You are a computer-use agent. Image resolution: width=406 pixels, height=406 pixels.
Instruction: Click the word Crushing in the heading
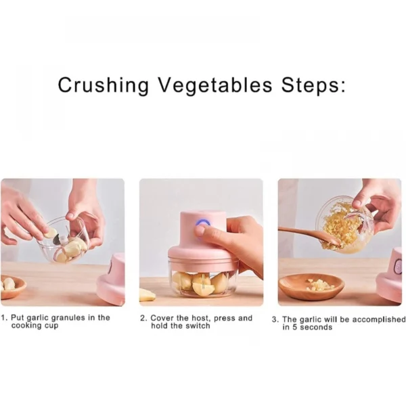[104, 85]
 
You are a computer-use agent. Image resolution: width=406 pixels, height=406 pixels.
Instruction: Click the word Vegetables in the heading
[215, 85]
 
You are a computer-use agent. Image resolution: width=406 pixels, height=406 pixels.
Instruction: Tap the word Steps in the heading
[311, 85]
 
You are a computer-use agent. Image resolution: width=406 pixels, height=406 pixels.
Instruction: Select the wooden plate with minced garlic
[311, 287]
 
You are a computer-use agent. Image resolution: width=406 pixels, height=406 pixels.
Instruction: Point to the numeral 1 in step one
[3, 317]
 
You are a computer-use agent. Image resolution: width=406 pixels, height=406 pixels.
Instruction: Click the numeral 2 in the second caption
[143, 318]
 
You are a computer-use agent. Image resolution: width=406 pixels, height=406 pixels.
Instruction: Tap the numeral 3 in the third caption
[274, 319]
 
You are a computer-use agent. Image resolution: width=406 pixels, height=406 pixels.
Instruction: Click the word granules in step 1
[68, 318]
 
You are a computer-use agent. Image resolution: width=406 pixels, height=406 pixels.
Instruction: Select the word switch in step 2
[198, 325]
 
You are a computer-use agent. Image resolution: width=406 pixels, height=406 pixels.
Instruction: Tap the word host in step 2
[200, 318]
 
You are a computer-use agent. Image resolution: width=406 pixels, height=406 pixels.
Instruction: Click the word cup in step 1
[51, 325]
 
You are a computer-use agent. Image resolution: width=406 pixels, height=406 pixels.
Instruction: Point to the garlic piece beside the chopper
[147, 295]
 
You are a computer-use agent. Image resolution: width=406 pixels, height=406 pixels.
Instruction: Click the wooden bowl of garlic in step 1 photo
[12, 286]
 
